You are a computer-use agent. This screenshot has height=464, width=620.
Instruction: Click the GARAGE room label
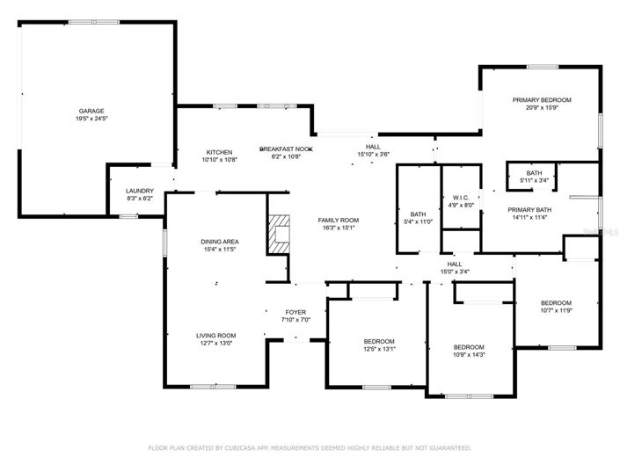(92, 111)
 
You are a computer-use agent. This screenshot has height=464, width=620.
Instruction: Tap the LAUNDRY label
(140, 191)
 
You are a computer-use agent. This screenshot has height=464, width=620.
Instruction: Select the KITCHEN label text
(219, 152)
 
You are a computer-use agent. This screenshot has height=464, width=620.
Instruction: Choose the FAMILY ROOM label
(338, 220)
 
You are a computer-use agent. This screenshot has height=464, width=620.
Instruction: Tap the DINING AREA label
(219, 242)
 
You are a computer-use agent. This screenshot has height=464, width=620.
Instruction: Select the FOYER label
(295, 312)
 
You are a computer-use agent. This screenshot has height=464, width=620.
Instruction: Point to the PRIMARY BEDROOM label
(542, 100)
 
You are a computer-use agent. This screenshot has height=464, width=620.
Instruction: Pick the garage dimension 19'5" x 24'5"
(92, 119)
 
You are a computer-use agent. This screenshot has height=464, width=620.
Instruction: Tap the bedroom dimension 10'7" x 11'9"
(555, 310)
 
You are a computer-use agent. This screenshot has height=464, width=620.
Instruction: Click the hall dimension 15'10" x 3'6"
(373, 155)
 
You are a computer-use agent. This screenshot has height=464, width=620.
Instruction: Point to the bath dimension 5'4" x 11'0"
(417, 221)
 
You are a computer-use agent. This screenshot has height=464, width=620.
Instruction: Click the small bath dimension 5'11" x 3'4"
(534, 180)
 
